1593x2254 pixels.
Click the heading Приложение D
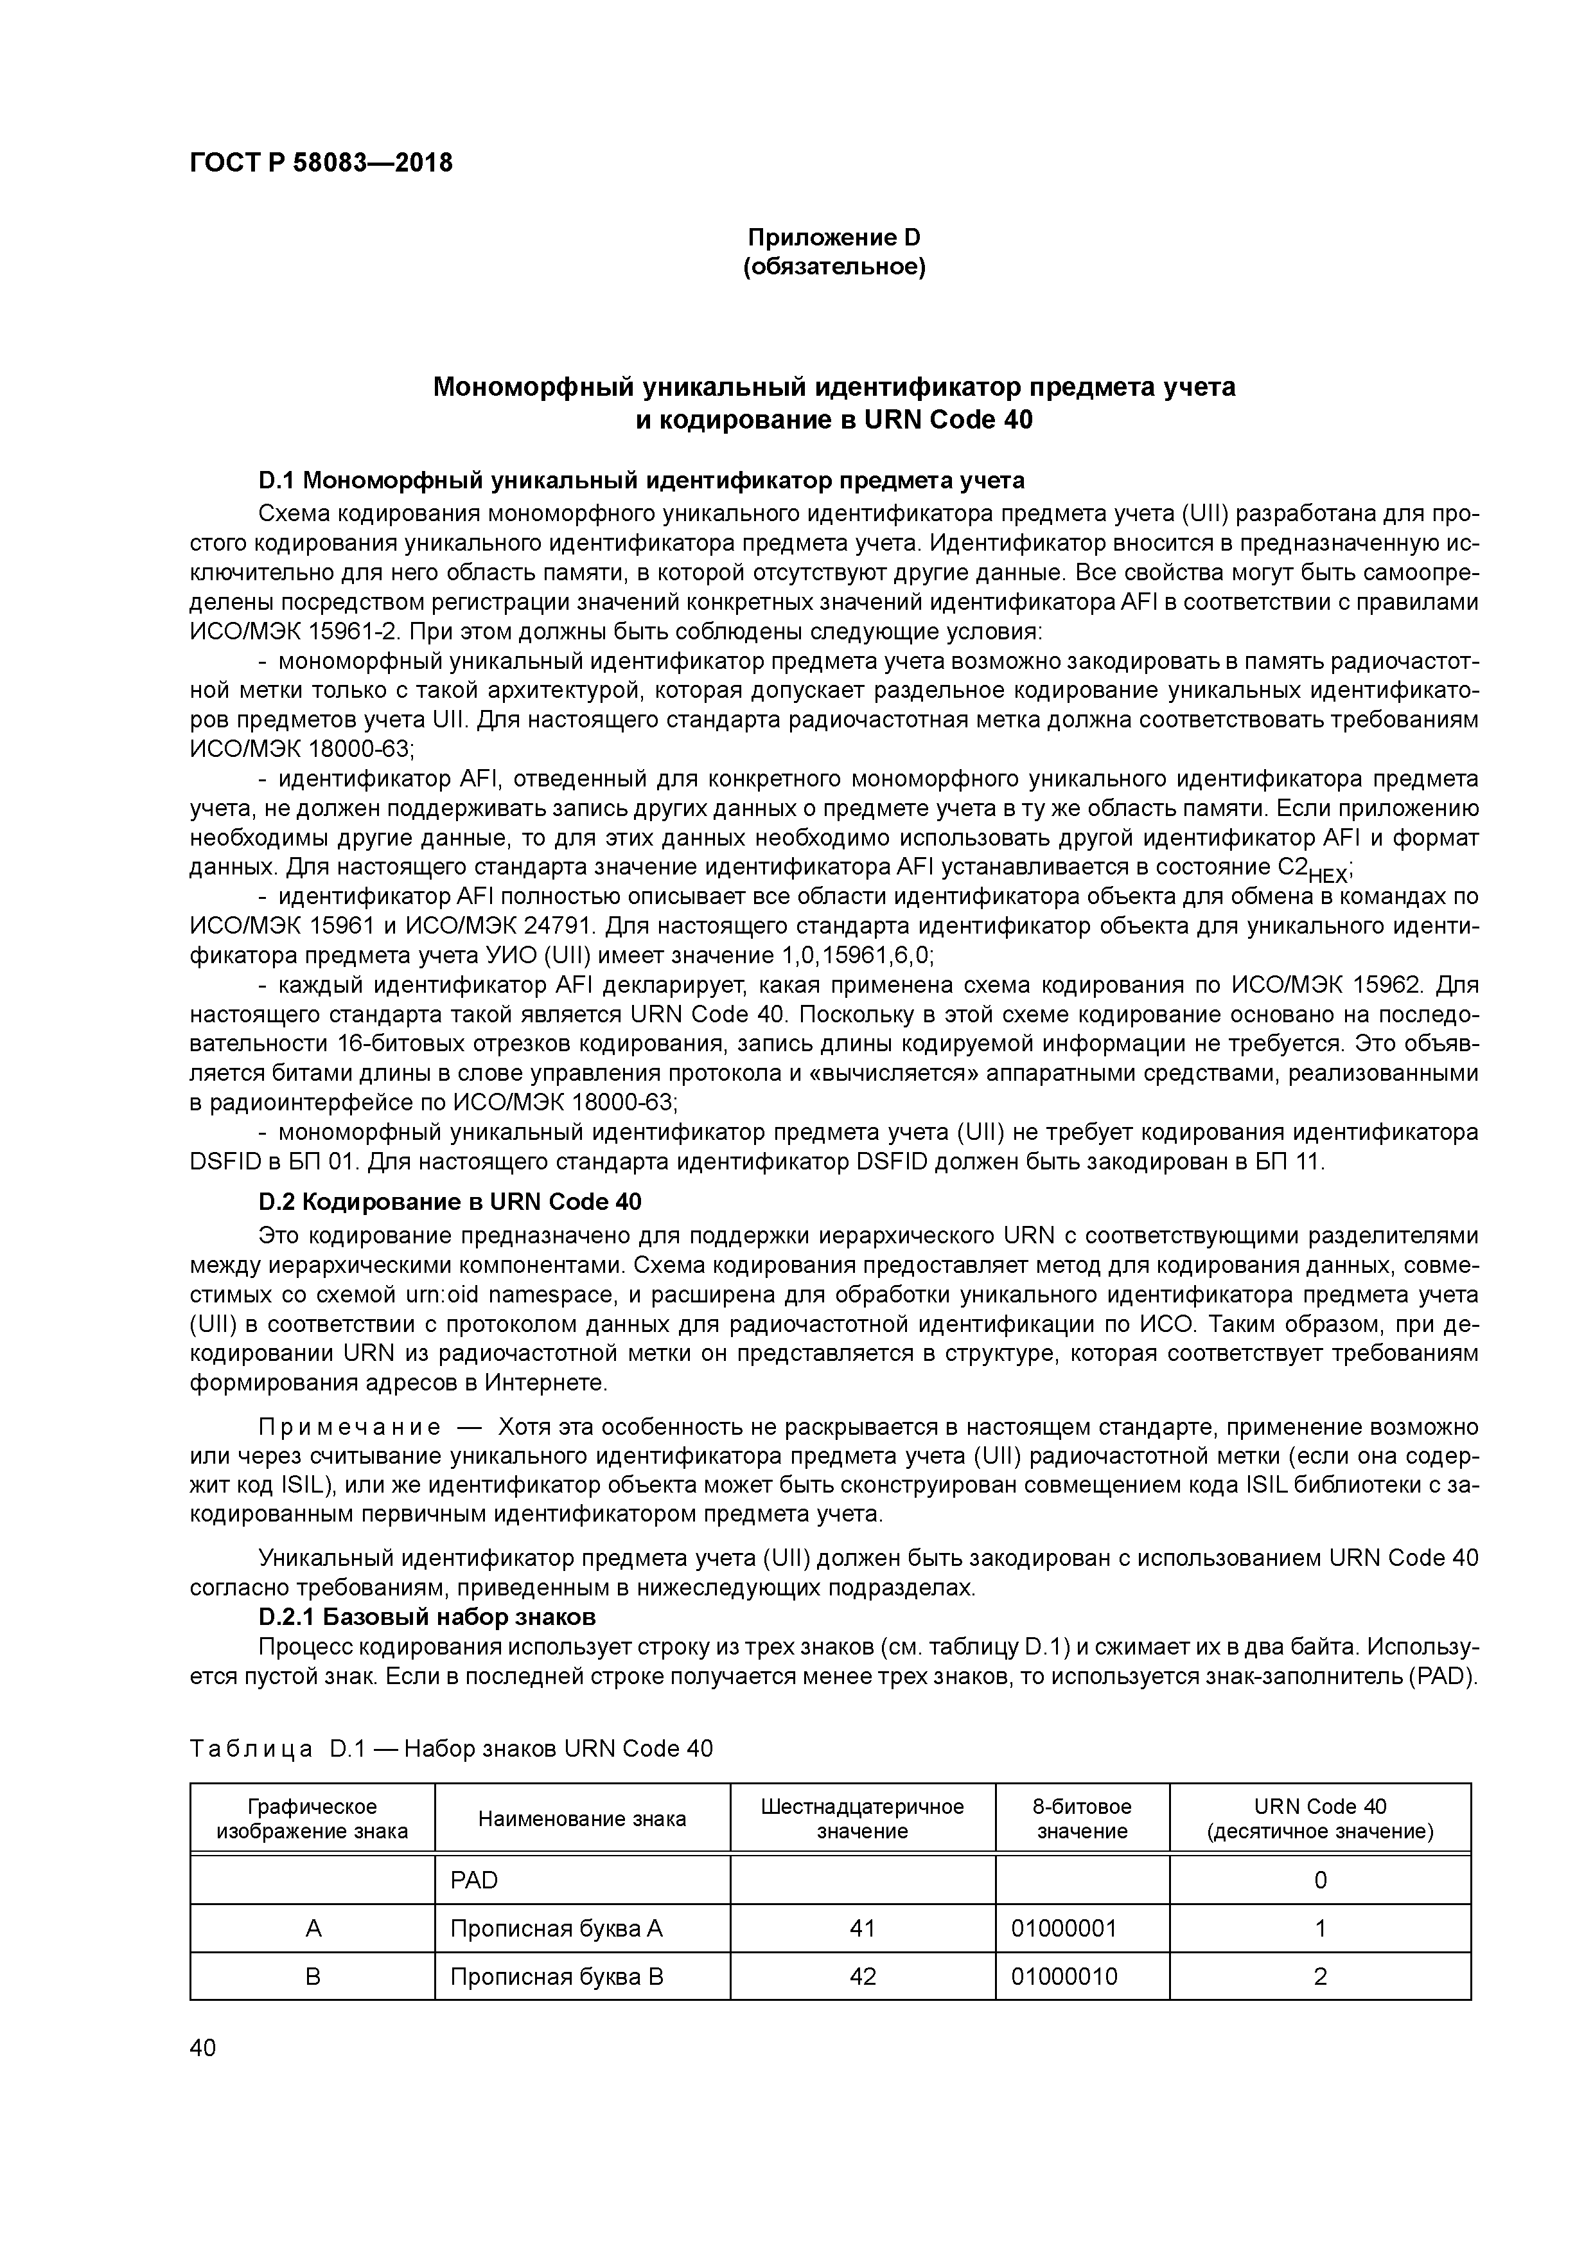coord(834,238)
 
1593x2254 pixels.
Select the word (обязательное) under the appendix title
coord(834,267)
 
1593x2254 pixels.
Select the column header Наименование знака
coord(582,1819)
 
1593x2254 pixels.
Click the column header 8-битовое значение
coord(1082,1819)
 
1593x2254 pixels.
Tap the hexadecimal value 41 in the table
coord(862,1928)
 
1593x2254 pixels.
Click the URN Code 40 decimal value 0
coord(1320,1880)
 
